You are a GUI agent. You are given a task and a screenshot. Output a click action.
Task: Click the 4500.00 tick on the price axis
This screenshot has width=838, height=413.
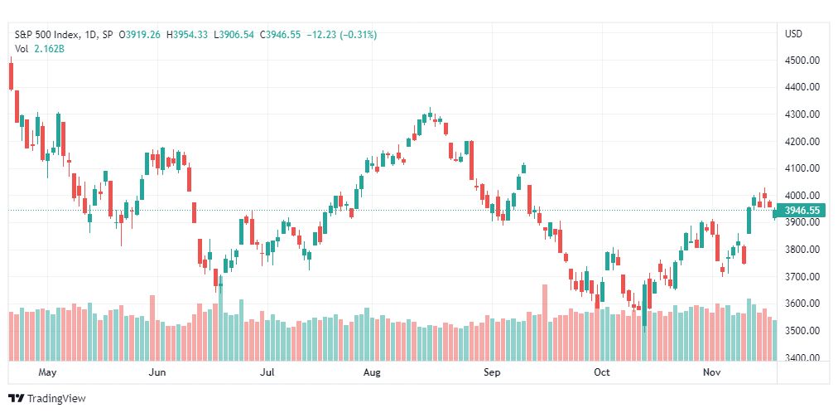pos(802,61)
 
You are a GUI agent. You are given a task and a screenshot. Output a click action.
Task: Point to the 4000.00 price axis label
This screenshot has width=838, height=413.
pos(802,196)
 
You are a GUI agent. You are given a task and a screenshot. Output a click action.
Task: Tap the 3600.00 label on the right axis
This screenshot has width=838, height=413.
pos(802,304)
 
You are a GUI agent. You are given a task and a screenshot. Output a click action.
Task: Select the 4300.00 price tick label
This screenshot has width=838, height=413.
pos(802,114)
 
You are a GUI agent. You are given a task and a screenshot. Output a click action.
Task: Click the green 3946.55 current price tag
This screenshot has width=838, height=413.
pos(802,211)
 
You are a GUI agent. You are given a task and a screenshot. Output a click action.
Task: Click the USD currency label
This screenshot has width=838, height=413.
pos(793,34)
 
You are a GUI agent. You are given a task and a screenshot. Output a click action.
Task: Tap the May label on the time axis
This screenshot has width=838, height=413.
pos(47,372)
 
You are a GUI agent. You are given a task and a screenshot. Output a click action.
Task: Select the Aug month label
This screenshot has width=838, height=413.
pos(372,372)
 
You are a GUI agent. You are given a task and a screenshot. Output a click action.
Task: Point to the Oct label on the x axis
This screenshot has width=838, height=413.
pos(602,372)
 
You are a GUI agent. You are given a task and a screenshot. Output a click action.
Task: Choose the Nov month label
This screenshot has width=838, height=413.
pos(711,372)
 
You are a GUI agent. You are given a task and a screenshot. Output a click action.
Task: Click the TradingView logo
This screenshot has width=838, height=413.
pos(47,399)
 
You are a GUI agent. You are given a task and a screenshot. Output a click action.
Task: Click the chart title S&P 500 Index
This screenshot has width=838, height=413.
pos(47,35)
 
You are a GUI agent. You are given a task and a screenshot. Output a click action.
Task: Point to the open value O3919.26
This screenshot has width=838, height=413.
pos(139,35)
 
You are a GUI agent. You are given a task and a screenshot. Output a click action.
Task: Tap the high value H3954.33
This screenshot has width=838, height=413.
pos(187,35)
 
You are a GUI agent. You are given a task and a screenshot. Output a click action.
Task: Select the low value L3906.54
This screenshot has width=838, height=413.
pos(234,35)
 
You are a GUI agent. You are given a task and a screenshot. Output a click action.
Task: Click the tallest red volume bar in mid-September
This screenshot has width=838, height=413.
pos(545,323)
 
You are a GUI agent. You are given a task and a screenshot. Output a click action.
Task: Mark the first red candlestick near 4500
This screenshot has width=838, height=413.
pos(12,76)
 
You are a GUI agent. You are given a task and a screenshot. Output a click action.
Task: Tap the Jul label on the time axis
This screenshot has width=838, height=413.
pos(267,372)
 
